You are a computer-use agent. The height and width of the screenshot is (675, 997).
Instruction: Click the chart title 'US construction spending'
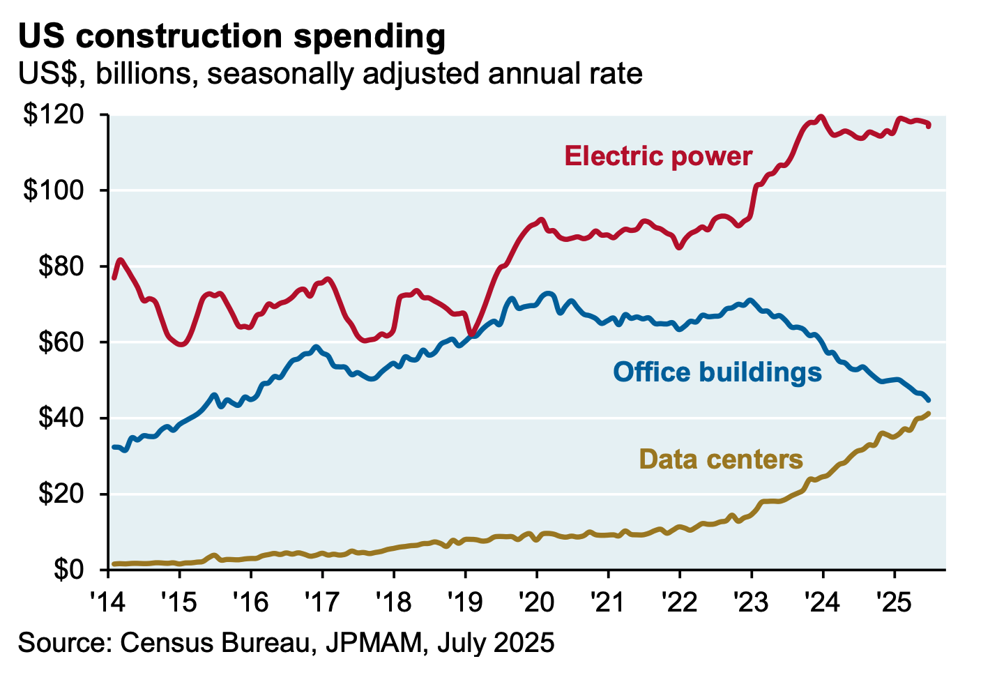(x=231, y=36)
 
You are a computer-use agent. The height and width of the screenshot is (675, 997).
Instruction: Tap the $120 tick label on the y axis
(x=61, y=115)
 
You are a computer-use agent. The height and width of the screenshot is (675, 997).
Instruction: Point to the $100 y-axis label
(x=61, y=190)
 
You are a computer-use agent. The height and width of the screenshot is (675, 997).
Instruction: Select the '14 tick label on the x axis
(x=109, y=600)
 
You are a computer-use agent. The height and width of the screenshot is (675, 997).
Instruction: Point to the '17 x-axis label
(x=324, y=600)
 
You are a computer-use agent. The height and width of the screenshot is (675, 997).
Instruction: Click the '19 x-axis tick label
(x=466, y=600)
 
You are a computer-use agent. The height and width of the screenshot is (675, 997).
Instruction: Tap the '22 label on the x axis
(x=680, y=600)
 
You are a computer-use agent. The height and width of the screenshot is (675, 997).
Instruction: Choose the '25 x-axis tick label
(x=895, y=600)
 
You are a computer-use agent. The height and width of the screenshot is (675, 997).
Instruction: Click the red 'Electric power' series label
(x=658, y=156)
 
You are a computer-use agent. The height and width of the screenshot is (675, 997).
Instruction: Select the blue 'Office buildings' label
(x=717, y=372)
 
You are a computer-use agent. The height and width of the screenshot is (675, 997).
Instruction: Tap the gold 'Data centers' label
(x=721, y=460)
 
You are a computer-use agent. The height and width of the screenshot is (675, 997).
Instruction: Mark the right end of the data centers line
(x=928, y=414)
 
